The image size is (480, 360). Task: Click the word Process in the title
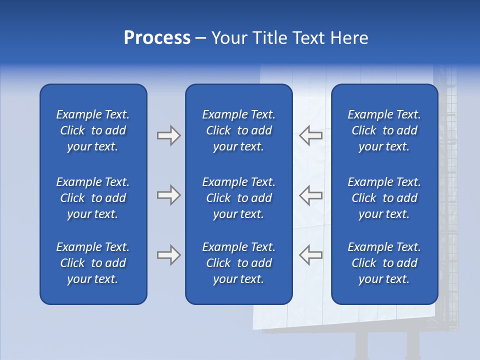click(x=157, y=38)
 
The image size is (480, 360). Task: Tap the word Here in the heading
click(x=349, y=38)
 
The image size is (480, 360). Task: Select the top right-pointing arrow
click(x=168, y=135)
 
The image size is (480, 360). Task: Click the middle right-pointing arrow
click(x=168, y=195)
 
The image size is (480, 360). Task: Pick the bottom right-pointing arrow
click(x=168, y=255)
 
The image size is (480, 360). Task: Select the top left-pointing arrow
click(x=310, y=135)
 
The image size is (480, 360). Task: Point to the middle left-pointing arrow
click(x=310, y=195)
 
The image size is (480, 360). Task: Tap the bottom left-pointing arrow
click(x=310, y=255)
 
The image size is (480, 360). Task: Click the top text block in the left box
click(x=93, y=130)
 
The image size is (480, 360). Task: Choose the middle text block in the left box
click(x=93, y=198)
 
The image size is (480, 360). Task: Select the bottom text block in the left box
click(x=93, y=263)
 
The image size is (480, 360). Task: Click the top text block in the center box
click(x=238, y=130)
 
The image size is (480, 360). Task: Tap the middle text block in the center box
click(x=238, y=198)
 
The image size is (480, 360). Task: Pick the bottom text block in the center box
click(x=238, y=263)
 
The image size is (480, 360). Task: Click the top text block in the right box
click(x=384, y=130)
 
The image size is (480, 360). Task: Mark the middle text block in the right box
click(x=384, y=198)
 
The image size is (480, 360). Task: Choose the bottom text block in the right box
click(x=384, y=263)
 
